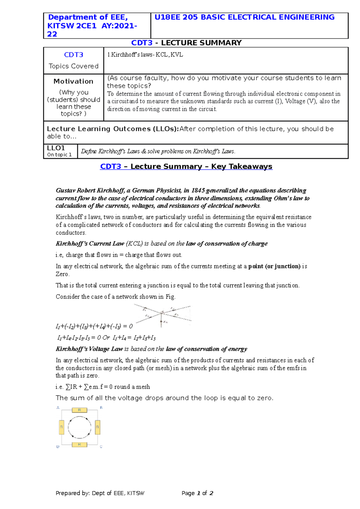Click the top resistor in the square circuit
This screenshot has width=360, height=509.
[x=79, y=410]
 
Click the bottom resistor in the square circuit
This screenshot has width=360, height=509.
[x=79, y=445]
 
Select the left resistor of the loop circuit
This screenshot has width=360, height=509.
[x=61, y=427]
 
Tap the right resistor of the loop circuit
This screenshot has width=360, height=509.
[x=97, y=427]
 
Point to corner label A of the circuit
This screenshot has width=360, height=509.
[x=58, y=408]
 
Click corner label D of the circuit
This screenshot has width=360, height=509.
[x=58, y=447]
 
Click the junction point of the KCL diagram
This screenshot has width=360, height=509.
[x=162, y=313]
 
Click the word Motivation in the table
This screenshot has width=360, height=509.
[x=73, y=81]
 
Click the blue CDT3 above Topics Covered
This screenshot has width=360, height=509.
[x=73, y=55]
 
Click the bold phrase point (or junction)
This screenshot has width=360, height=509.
[x=274, y=266]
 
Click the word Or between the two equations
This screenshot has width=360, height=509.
[x=106, y=338]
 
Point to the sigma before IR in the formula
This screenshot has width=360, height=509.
[x=68, y=387]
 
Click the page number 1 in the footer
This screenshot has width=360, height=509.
[x=198, y=493]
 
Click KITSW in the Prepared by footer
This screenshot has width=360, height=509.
[x=136, y=493]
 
